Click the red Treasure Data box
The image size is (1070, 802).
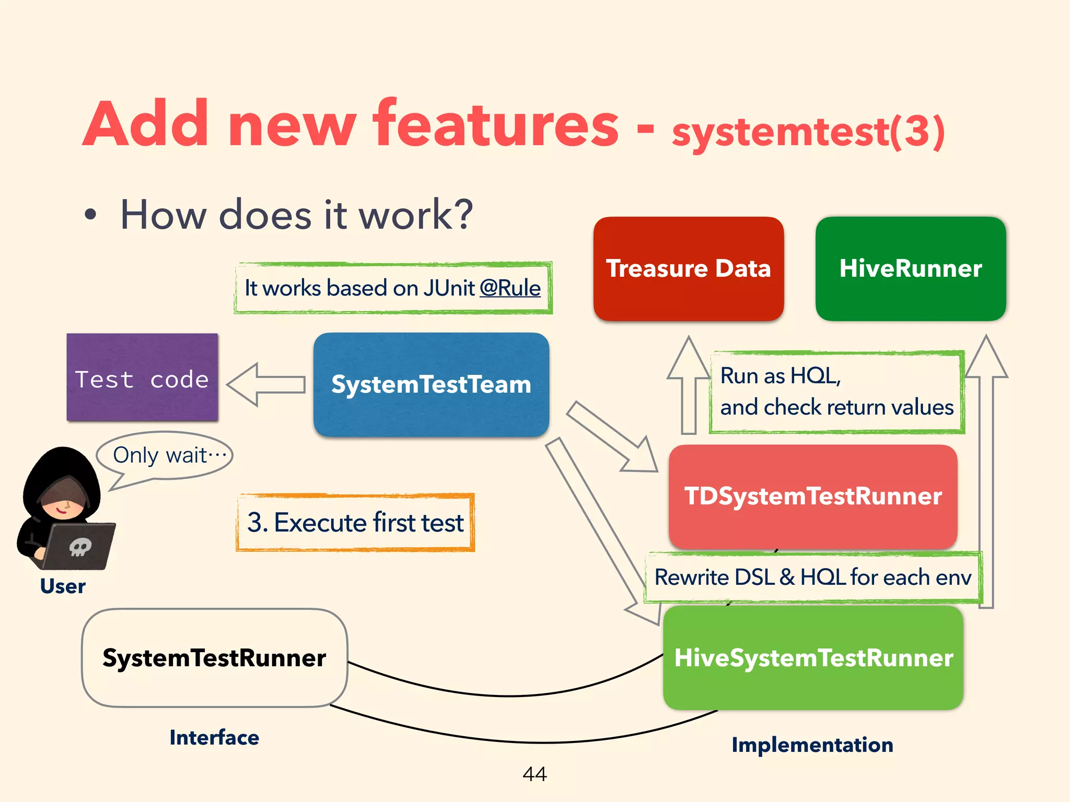point(688,268)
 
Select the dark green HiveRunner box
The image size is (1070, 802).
point(910,268)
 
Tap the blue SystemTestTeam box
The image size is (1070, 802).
point(431,384)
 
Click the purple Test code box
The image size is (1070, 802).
point(142,378)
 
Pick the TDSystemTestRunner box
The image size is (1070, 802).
point(812,496)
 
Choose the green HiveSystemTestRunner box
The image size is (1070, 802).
point(813,658)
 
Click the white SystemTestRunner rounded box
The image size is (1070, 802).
point(214,658)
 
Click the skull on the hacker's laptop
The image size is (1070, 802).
point(80,547)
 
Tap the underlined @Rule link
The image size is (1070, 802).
point(510,288)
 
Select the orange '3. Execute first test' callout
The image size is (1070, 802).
point(355,522)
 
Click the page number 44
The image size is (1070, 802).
point(534,774)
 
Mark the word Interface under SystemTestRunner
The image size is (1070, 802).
point(214,738)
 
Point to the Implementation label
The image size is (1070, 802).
point(812,745)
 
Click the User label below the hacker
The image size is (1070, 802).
point(63,586)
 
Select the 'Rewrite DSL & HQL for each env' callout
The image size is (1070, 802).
point(812,577)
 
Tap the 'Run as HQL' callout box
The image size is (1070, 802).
point(836,392)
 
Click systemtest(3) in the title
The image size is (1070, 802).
point(808,132)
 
